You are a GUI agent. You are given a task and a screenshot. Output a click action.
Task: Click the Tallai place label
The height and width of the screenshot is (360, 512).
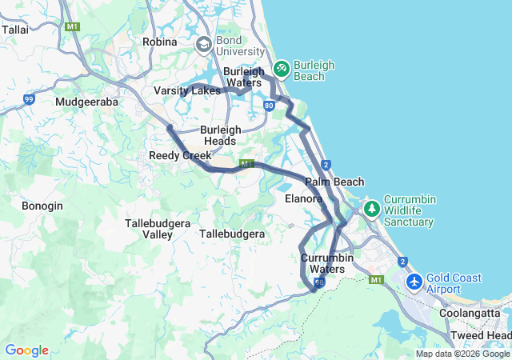(15, 29)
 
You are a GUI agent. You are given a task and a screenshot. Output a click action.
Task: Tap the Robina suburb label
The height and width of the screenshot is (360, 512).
(159, 42)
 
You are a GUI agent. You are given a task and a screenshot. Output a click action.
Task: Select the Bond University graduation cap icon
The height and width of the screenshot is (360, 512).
(203, 43)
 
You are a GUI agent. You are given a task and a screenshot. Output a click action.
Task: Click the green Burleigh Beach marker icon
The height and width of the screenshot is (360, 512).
(281, 70)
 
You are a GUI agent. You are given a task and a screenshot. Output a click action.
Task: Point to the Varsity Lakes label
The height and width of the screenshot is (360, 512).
(186, 91)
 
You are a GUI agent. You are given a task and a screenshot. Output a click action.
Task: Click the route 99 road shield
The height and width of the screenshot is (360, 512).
(29, 99)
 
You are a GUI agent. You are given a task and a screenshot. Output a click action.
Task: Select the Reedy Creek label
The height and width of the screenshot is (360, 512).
(180, 155)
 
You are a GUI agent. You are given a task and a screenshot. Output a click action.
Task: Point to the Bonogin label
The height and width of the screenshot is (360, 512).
(42, 206)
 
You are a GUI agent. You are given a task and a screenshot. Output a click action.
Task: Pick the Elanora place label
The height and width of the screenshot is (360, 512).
(303, 198)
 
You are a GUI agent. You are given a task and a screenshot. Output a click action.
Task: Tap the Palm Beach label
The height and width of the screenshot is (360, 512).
(334, 182)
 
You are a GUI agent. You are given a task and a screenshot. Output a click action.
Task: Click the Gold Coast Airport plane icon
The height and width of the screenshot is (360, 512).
(414, 282)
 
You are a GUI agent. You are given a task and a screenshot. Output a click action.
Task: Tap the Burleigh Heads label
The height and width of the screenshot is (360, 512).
(218, 135)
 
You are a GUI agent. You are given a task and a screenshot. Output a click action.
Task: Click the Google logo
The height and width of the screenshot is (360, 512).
(26, 350)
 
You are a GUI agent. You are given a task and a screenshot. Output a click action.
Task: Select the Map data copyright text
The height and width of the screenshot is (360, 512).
(462, 354)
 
